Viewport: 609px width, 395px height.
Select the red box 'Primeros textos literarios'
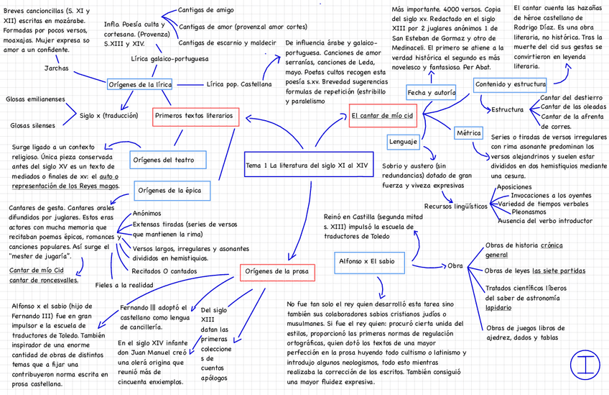(x=194, y=115)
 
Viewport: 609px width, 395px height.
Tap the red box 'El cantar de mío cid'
(x=382, y=115)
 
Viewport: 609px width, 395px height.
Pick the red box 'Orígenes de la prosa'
(x=276, y=272)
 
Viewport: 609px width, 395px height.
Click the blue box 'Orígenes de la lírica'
(x=140, y=85)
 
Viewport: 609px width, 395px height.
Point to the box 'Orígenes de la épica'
(x=172, y=191)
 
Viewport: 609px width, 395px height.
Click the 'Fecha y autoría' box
(x=431, y=93)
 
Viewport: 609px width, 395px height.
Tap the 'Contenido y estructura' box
(x=510, y=85)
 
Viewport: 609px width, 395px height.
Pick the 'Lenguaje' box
(x=403, y=142)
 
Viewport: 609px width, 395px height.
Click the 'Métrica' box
(x=468, y=133)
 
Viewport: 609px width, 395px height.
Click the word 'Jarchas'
(x=57, y=69)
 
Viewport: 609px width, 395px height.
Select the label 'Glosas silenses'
(x=33, y=125)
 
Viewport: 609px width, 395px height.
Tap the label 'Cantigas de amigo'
(x=205, y=10)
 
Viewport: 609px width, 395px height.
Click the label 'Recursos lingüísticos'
(x=455, y=206)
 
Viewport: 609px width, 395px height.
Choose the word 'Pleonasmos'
(x=534, y=212)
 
